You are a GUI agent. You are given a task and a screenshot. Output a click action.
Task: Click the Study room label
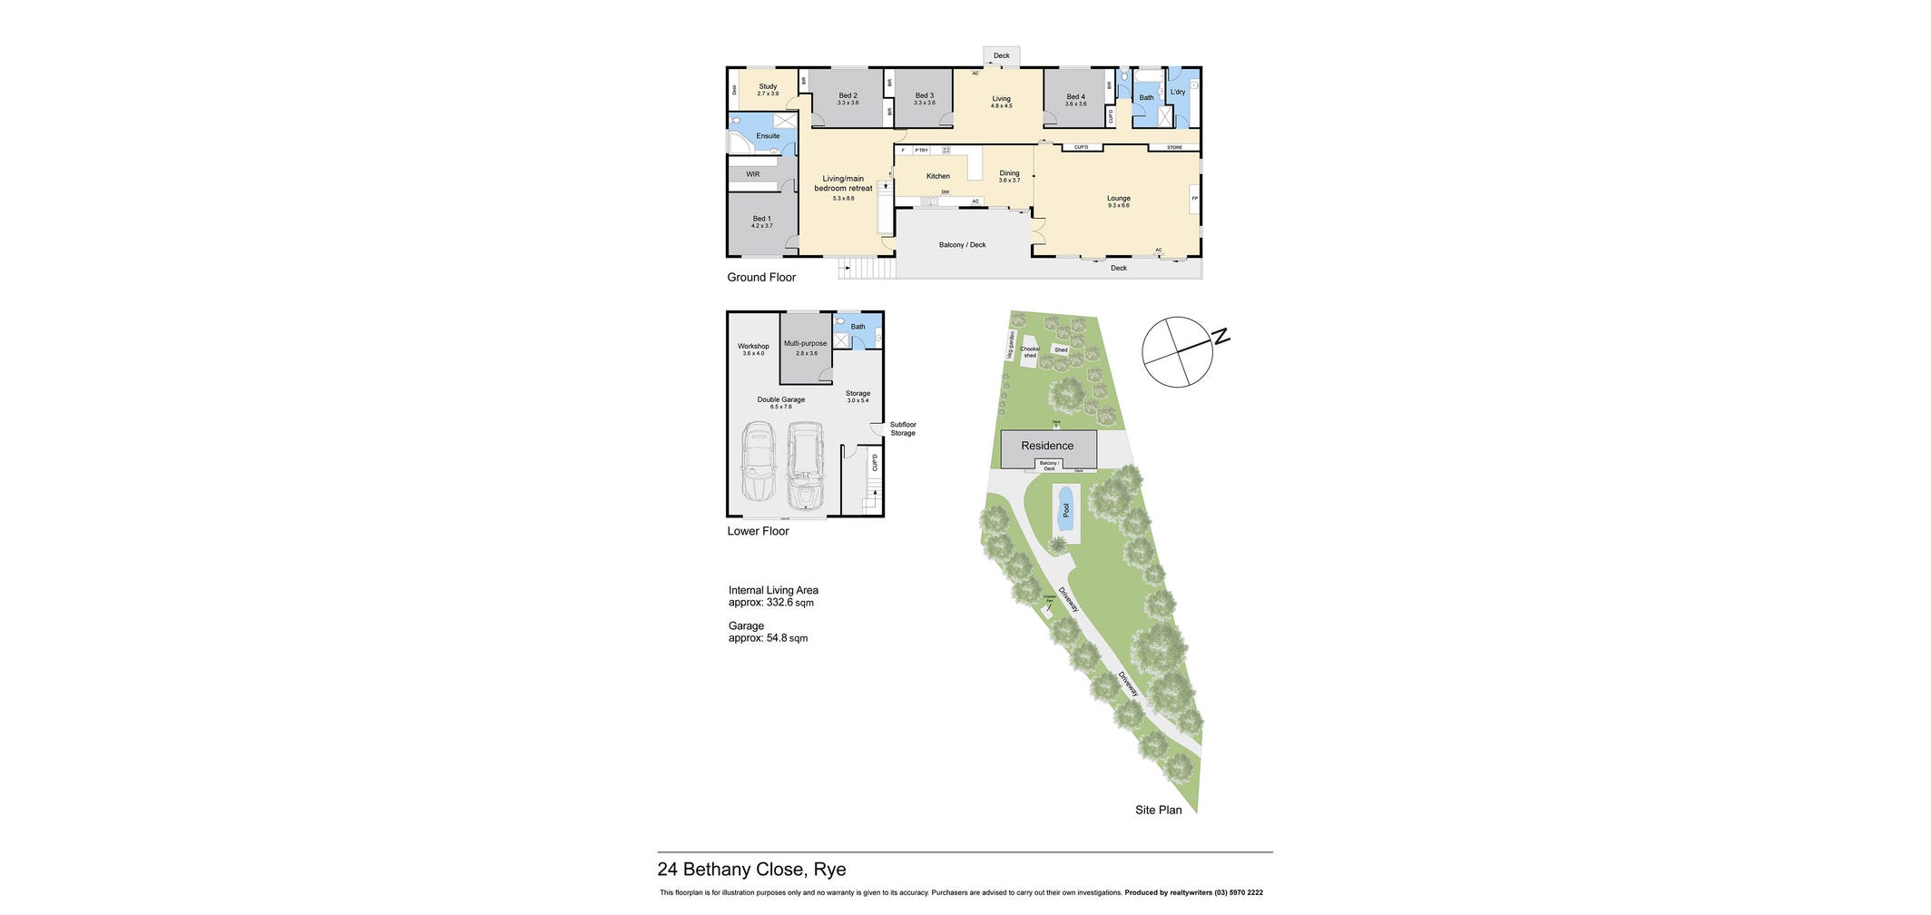[x=768, y=87]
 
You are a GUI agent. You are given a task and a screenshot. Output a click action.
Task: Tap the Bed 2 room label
[x=848, y=96]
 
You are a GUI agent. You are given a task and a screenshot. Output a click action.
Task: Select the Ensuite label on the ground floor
[x=768, y=136]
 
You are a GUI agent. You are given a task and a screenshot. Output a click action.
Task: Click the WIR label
[x=752, y=174]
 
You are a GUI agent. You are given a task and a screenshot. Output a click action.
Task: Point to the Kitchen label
[x=937, y=176]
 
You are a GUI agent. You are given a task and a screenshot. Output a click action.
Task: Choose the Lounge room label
[x=1118, y=199]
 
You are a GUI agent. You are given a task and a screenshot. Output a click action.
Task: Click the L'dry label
[x=1177, y=92]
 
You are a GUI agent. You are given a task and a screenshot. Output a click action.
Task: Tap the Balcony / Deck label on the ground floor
[x=962, y=245]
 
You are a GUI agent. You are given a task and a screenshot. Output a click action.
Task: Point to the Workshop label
[x=753, y=346]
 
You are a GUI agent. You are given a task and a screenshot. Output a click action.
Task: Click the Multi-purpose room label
[x=806, y=343]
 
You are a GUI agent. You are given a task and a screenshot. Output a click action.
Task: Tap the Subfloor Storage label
[x=903, y=428]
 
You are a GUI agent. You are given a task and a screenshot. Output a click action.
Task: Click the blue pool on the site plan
[x=1065, y=510]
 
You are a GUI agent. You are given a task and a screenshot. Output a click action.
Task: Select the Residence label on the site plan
[x=1047, y=446]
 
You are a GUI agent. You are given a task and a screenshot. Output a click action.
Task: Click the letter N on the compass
[x=1221, y=338]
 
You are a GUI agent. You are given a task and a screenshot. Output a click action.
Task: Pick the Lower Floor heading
[x=758, y=531]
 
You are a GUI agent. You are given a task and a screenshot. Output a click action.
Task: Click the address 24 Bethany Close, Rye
[x=751, y=870]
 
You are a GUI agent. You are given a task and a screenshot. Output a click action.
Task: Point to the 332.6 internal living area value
[x=779, y=602]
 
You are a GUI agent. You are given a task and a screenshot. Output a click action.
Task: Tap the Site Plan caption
[x=1158, y=810]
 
